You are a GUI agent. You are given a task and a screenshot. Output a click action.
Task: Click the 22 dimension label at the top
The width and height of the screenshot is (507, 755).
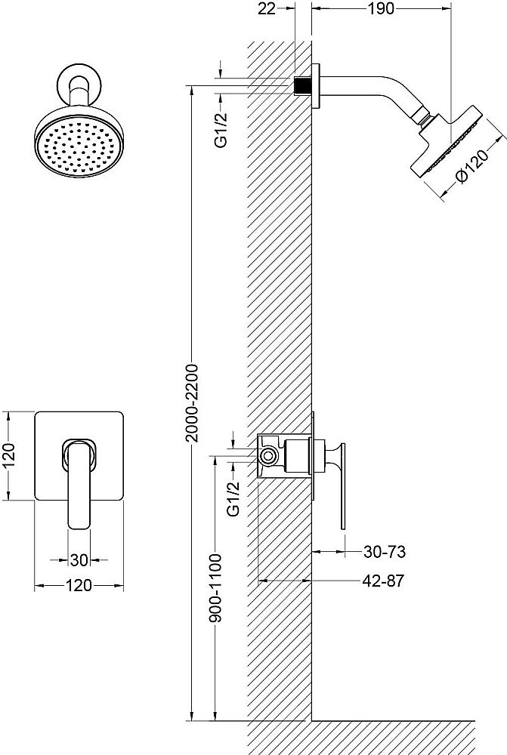(x=265, y=9)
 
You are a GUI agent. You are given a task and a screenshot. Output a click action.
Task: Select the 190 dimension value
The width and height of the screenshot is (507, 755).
(x=382, y=9)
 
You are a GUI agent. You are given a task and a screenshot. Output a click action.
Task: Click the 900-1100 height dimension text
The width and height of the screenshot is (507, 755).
(x=216, y=599)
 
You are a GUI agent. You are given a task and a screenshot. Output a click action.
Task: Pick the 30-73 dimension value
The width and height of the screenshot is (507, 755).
(x=384, y=553)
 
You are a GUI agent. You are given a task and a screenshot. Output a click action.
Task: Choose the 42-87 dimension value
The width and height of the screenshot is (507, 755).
(x=384, y=581)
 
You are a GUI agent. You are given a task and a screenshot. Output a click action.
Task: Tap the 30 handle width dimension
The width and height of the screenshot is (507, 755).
(x=79, y=559)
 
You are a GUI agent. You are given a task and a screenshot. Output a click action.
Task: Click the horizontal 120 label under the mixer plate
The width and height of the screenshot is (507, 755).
(x=79, y=585)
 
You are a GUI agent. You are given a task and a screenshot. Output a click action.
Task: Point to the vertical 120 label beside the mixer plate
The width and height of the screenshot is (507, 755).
(x=10, y=455)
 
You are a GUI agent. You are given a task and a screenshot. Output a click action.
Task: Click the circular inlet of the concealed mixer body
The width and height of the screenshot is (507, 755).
(x=269, y=456)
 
